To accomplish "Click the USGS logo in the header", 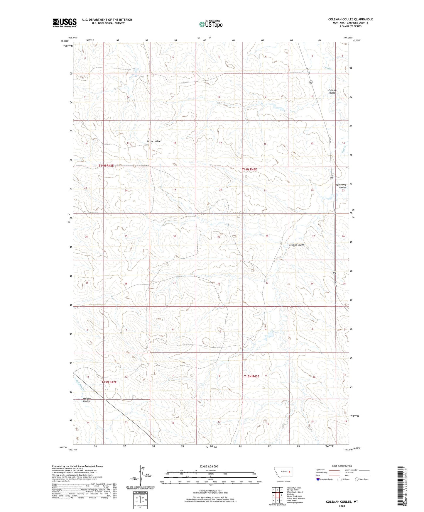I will [x=64, y=23].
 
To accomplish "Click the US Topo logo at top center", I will [x=210, y=24].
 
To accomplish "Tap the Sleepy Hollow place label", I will [x=153, y=141].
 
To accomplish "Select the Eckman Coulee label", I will [x=297, y=245].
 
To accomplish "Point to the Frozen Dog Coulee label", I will [x=340, y=186].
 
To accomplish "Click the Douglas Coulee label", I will [x=87, y=400].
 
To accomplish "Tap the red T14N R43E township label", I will [x=251, y=169].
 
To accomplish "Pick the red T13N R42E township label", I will [x=109, y=382].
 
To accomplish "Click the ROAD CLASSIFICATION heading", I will [x=342, y=466].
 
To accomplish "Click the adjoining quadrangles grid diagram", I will [x=277, y=496].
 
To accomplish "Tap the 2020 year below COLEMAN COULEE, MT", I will [x=342, y=506].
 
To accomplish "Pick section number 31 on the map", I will [x=174, y=283].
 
